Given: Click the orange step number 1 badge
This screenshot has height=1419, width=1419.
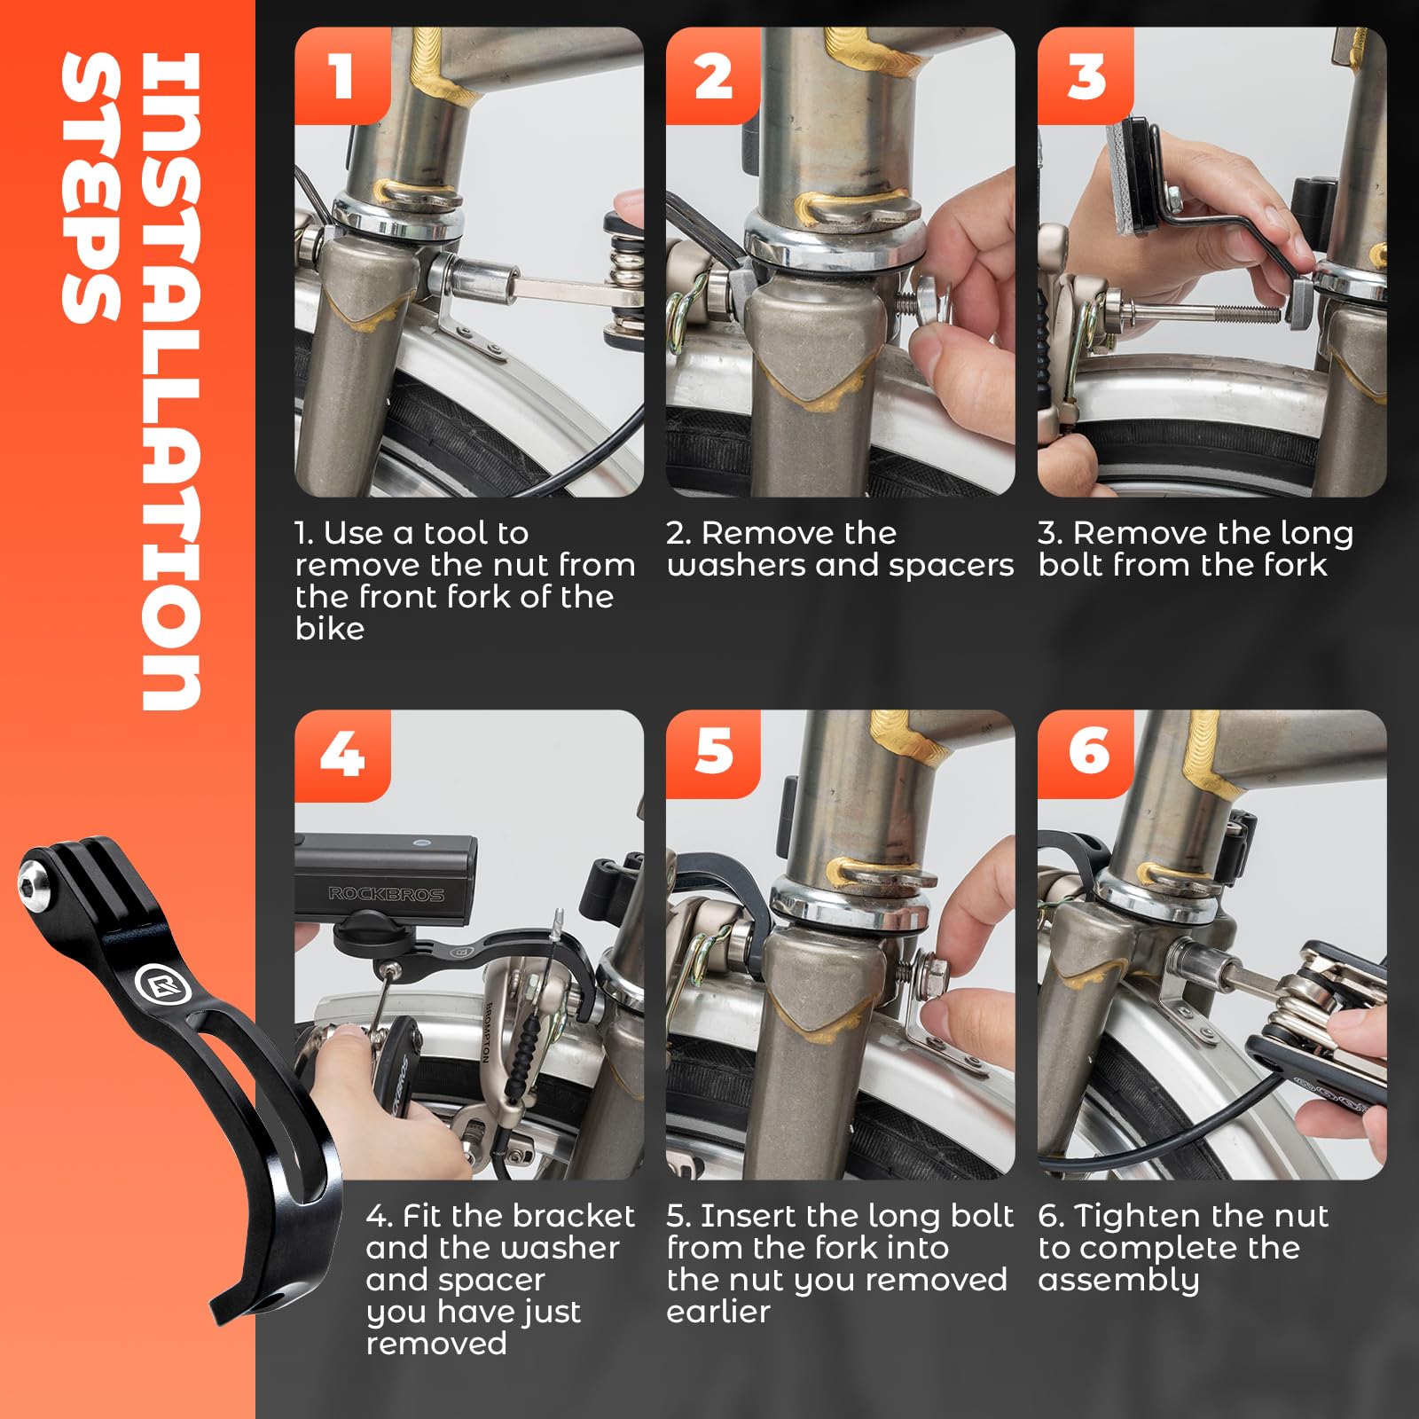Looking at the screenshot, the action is tap(342, 75).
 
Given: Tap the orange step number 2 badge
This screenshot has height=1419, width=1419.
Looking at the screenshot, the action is tap(714, 75).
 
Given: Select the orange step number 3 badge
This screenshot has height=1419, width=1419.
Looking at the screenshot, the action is tap(1086, 75).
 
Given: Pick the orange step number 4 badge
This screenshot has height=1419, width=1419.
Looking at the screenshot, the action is tap(342, 755).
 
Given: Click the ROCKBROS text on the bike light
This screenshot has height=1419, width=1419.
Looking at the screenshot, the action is tap(386, 893).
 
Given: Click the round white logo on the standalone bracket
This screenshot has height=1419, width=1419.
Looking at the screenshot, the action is tap(157, 982).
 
